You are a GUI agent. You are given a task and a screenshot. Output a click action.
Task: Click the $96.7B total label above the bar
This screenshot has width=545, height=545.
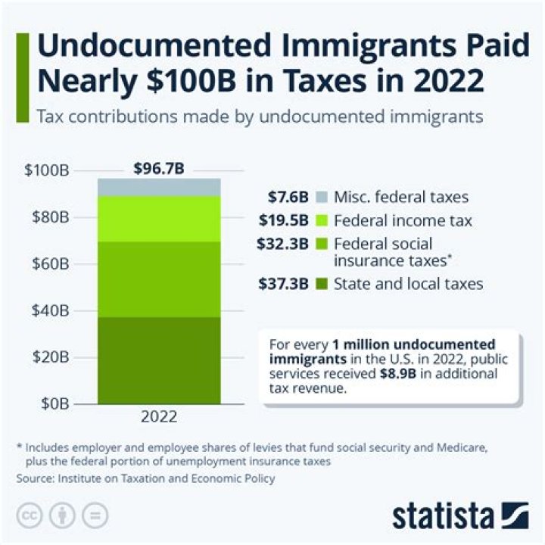point(158,168)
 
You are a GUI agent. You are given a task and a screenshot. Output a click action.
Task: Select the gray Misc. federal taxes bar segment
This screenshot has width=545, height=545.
point(158,187)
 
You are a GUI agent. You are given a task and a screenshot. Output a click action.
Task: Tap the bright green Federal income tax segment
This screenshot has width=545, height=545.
point(158,218)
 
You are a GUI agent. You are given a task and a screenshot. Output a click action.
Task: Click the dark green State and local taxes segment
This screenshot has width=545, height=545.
point(158,360)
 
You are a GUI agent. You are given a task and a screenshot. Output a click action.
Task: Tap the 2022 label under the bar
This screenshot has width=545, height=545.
point(158,417)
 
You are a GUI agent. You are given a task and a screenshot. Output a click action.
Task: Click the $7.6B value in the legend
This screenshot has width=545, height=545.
point(288,198)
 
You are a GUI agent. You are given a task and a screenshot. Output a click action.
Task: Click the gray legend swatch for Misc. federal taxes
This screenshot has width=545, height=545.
point(321,198)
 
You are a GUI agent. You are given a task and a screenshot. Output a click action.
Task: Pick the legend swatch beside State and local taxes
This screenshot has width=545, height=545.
point(321,284)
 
